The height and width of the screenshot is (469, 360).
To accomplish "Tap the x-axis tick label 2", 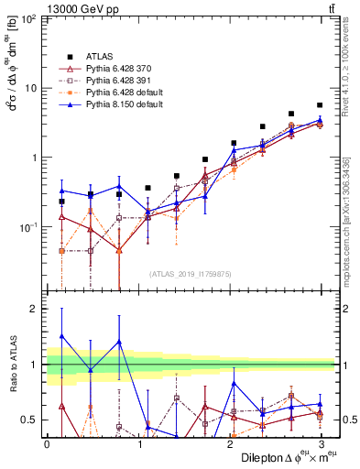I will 230,443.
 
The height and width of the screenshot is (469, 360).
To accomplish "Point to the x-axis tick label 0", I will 47,443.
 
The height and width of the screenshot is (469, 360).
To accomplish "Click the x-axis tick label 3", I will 322,443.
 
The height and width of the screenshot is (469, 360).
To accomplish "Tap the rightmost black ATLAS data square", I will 320,105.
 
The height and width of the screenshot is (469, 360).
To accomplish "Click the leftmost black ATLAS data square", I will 61,202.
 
